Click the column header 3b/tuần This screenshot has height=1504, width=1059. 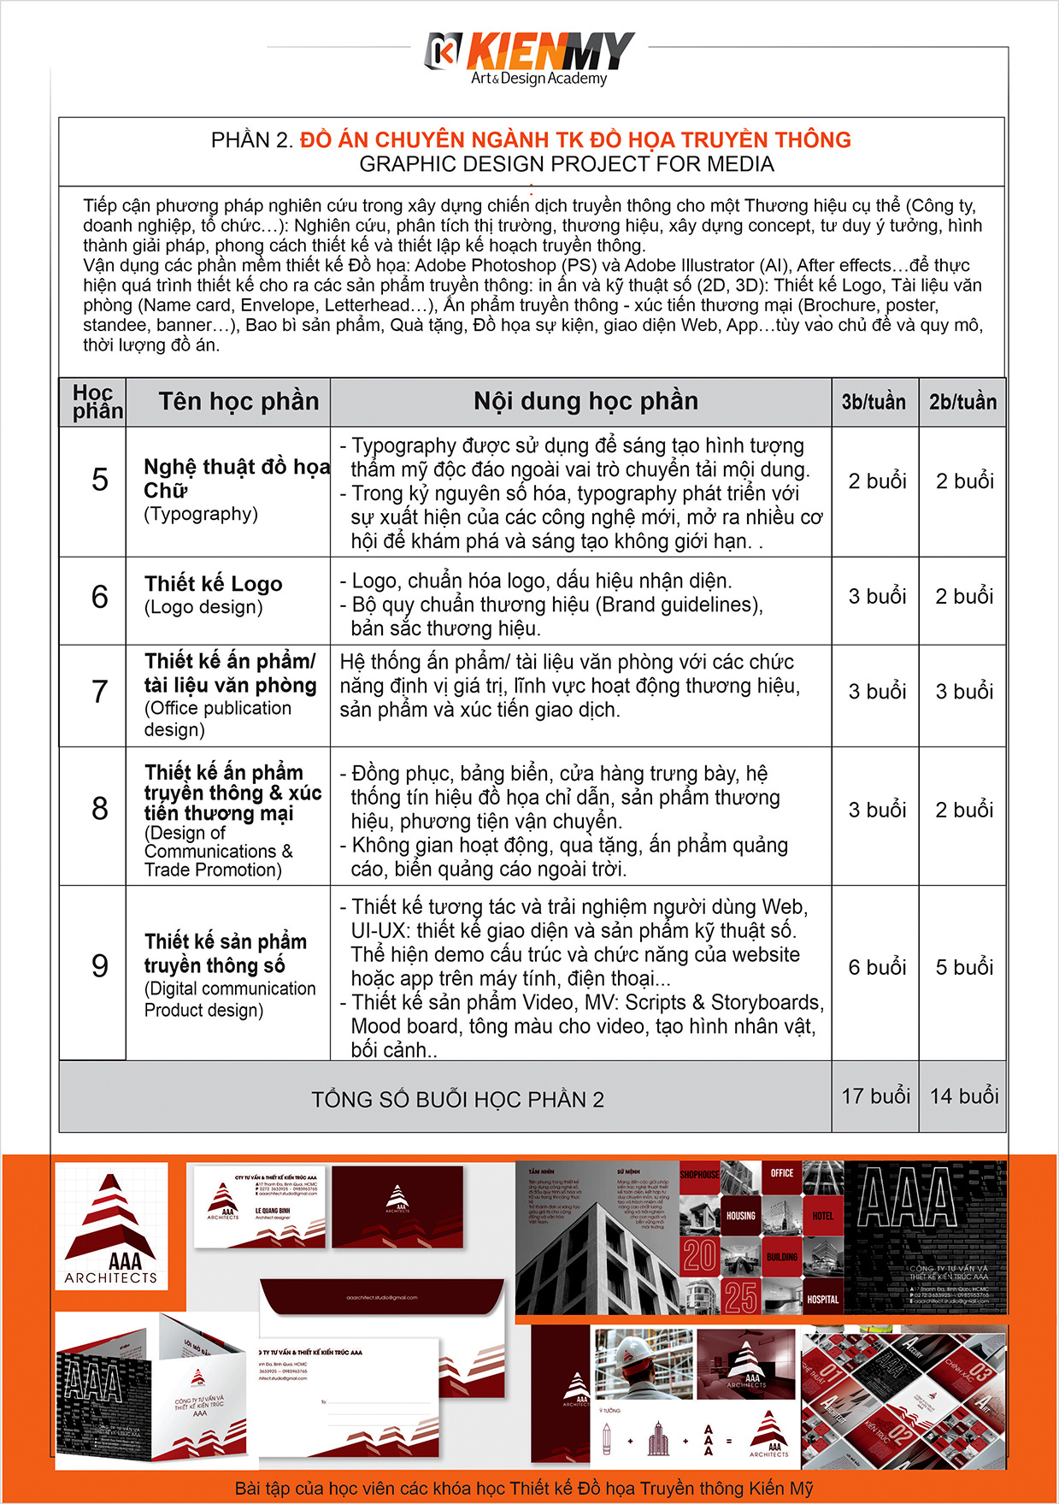click(x=874, y=402)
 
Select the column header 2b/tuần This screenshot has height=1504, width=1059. click(x=962, y=402)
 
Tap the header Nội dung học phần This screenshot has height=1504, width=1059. click(x=585, y=401)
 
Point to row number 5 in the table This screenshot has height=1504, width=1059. click(x=100, y=480)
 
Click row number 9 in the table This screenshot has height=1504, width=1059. click(x=100, y=966)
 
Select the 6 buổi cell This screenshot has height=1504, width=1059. click(x=877, y=967)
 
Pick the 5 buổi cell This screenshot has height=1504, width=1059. click(x=964, y=967)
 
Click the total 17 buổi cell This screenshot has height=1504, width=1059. click(x=876, y=1096)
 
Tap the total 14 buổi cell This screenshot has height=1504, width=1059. click(x=964, y=1096)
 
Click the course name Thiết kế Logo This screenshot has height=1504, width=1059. click(x=213, y=584)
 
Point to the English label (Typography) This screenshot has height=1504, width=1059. click(x=201, y=514)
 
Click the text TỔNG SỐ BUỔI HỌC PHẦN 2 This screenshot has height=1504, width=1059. click(x=457, y=1100)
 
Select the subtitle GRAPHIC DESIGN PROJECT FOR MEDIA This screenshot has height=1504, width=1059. click(x=566, y=164)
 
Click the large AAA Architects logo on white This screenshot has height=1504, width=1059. click(x=111, y=1227)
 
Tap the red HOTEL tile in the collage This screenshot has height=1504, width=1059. click(x=822, y=1216)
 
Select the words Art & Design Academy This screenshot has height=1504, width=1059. click(x=538, y=79)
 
